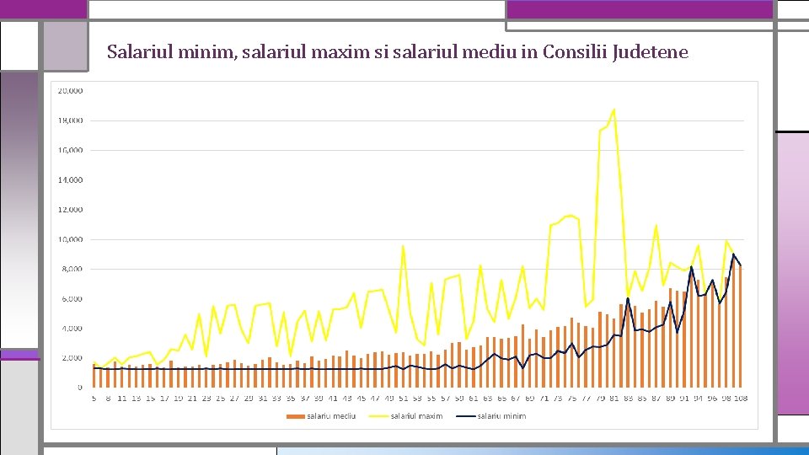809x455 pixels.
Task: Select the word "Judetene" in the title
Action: (x=651, y=52)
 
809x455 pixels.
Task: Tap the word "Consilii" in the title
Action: (x=575, y=52)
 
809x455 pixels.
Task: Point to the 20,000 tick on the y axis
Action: (x=70, y=90)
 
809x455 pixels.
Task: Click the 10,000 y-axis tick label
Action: (x=70, y=239)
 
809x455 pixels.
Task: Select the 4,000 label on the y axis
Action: (x=72, y=329)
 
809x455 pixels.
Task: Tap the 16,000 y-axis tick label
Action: (x=70, y=150)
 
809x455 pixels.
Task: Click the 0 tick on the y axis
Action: (x=81, y=388)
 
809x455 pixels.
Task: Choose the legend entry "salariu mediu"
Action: (x=331, y=415)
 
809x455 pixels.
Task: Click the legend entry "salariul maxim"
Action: (x=416, y=415)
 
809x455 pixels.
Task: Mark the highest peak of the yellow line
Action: (x=613, y=110)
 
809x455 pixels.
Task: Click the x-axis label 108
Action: (x=741, y=398)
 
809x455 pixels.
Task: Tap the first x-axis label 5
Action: (x=94, y=398)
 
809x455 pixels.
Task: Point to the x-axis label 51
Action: (x=403, y=398)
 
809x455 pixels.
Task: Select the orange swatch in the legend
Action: (x=296, y=415)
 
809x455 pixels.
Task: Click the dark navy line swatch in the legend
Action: (x=465, y=415)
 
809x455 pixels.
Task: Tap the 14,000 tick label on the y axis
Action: (x=70, y=179)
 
